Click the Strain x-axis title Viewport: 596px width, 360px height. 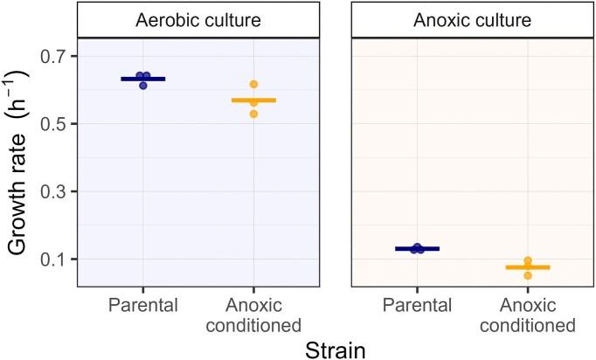point(335,347)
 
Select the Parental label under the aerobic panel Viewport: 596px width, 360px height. point(142,304)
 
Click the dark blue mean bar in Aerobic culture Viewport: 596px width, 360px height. point(142,79)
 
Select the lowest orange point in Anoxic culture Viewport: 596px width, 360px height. point(527,275)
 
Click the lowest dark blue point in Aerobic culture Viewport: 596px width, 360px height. point(143,86)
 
